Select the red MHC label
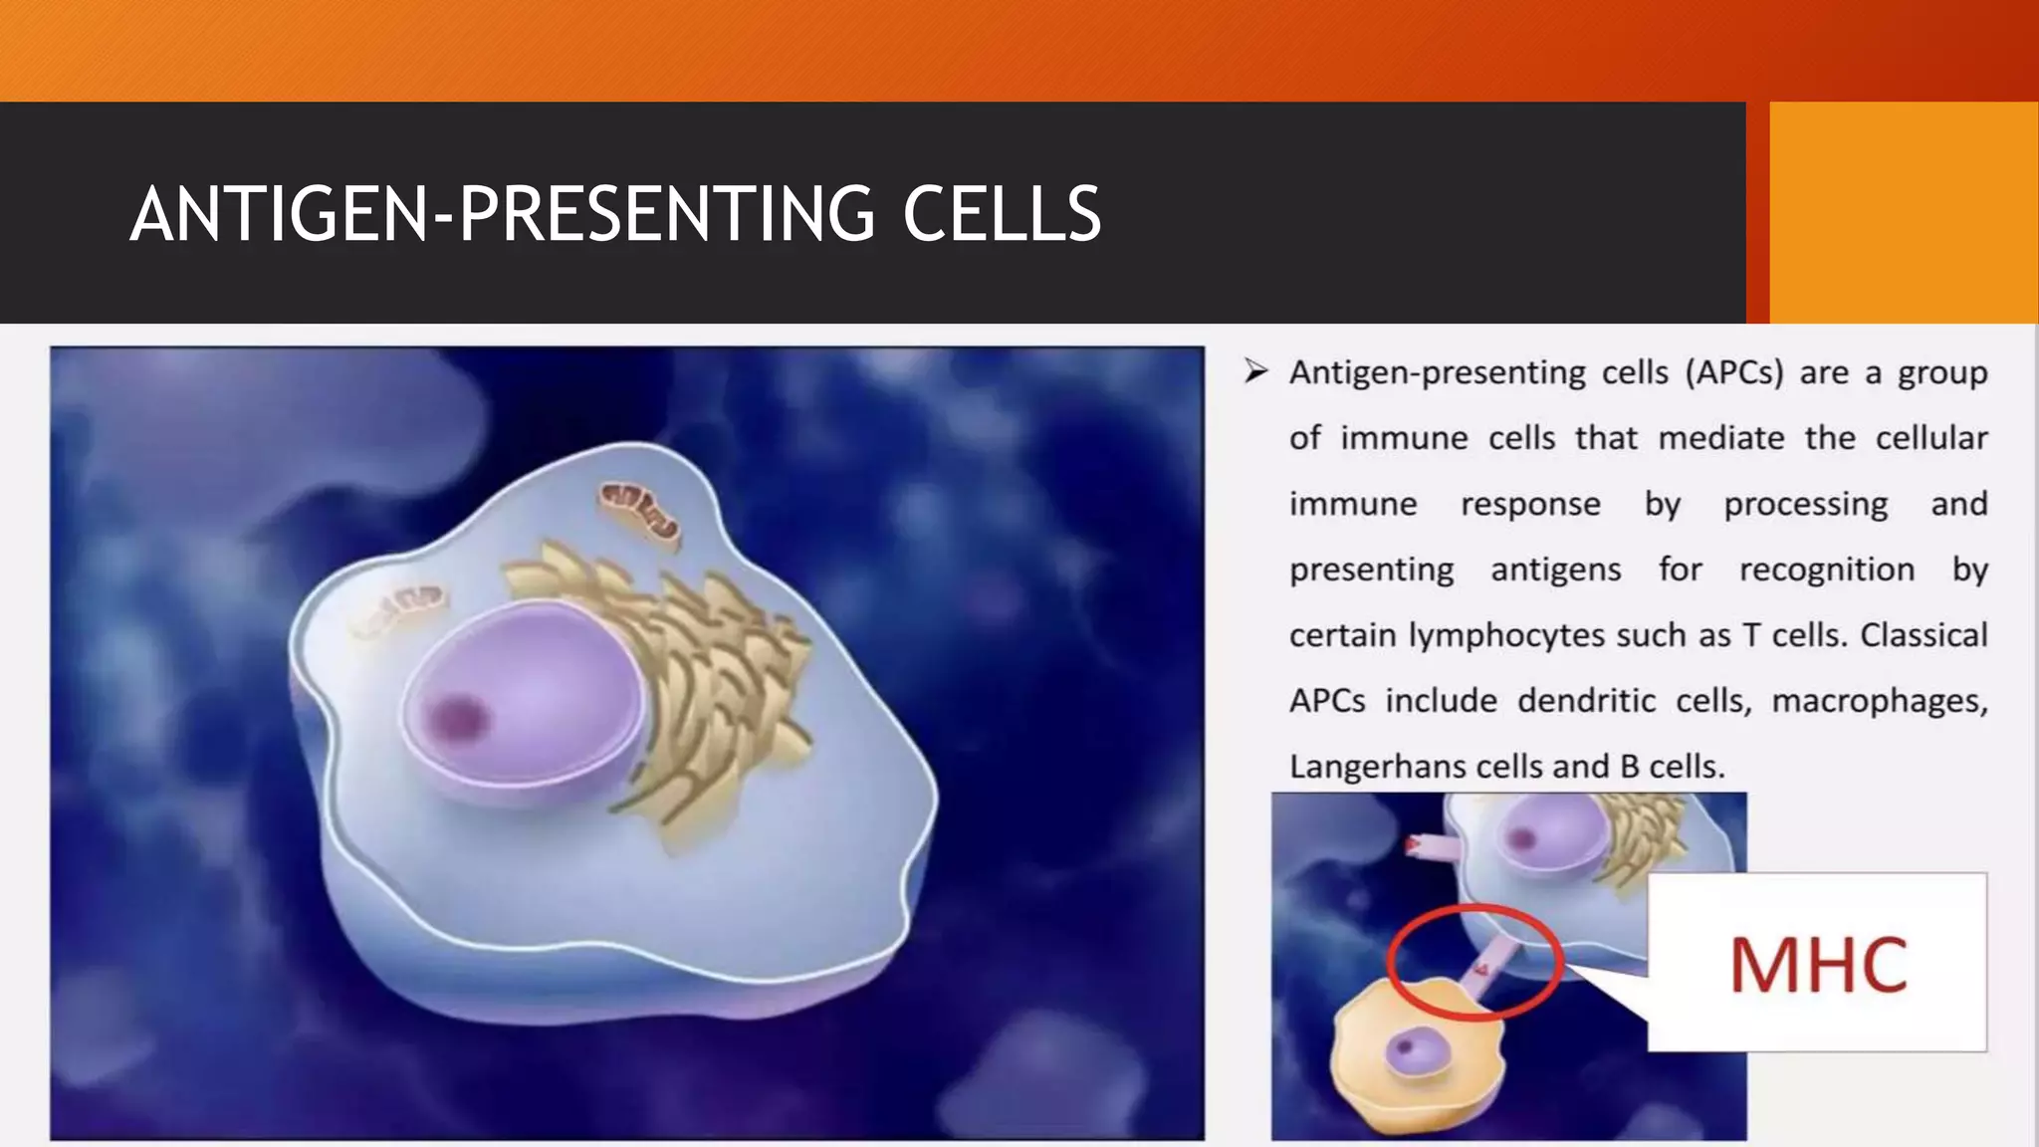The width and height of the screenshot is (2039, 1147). pos(1818,964)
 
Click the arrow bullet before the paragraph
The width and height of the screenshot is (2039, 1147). pos(1255,372)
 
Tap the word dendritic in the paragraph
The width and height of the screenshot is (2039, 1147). pos(1586,701)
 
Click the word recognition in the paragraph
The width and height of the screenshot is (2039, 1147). pos(1826,570)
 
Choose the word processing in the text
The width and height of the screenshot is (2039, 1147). pos(1805,505)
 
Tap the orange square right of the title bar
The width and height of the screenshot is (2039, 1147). pos(1903,212)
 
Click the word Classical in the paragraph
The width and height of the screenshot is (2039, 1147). pos(1924,635)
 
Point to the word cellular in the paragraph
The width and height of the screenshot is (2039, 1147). pos(1931,438)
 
